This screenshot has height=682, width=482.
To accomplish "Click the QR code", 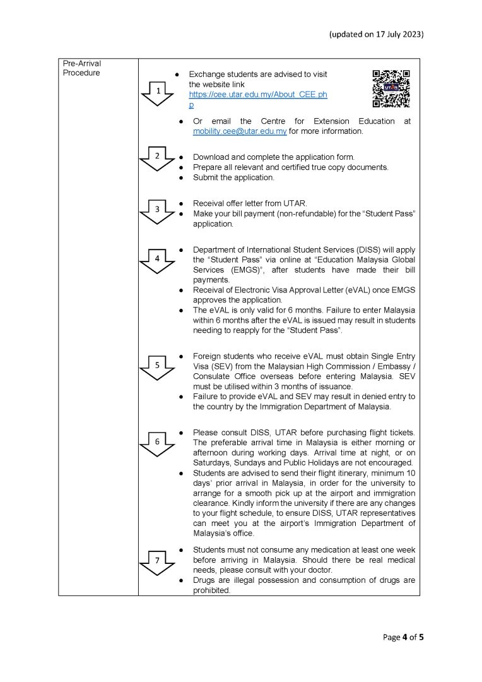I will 391,88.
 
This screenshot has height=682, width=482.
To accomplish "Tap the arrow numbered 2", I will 158,158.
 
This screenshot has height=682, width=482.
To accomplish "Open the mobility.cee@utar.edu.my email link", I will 240,131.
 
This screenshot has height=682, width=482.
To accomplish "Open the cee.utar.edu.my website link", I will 257,95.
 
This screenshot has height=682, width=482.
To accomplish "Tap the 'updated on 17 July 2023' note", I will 376,34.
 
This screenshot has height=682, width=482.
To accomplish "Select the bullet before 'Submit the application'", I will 181,178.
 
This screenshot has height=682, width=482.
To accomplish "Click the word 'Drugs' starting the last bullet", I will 204,581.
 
